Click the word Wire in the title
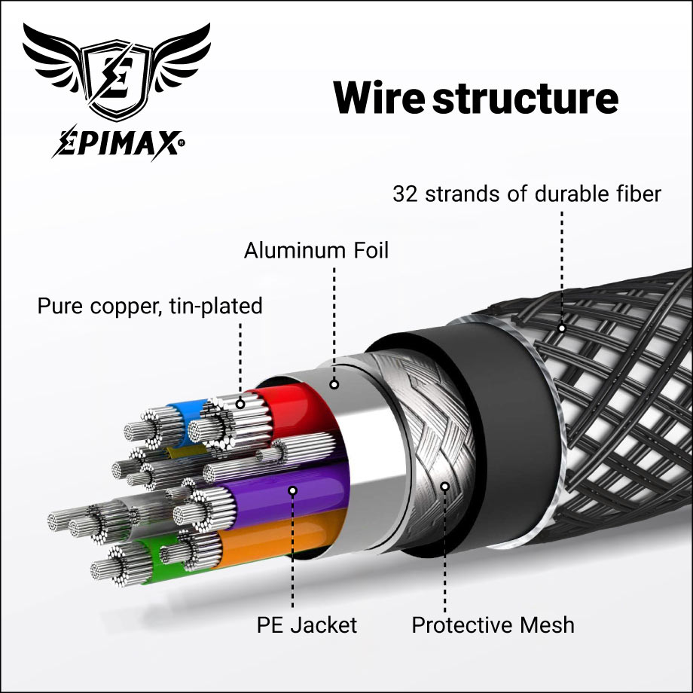pos(379,98)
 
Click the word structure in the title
pos(526,98)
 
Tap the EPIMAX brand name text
pos(118,142)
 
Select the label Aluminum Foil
pos(316,250)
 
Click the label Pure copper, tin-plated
pos(150,306)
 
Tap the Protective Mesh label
pos(493,624)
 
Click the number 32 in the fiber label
pos(406,194)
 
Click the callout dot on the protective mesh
pos(444,487)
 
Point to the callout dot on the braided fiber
pos(561,328)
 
